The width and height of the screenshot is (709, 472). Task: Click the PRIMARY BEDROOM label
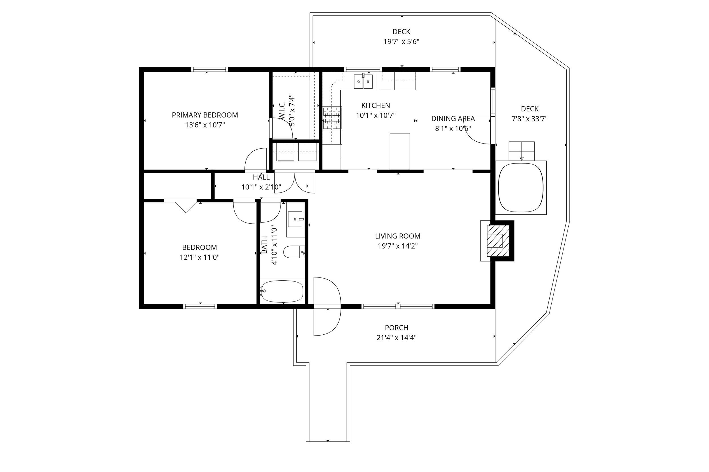[205, 115]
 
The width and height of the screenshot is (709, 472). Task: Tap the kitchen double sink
[363, 82]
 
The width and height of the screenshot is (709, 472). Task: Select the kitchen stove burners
[332, 119]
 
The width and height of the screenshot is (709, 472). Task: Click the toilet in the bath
[294, 252]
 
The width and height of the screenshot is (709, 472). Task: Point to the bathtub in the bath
[282, 291]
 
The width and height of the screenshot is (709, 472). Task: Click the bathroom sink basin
[295, 219]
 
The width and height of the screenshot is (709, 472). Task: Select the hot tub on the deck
[521, 187]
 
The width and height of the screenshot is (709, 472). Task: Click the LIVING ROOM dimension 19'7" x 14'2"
[398, 246]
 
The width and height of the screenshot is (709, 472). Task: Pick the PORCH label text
[396, 328]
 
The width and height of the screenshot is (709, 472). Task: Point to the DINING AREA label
[453, 119]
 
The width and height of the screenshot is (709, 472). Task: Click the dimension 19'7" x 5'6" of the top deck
[401, 42]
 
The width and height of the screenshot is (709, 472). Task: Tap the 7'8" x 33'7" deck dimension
[530, 119]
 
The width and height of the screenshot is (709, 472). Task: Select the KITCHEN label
[375, 105]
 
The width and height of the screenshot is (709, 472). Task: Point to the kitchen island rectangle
[400, 151]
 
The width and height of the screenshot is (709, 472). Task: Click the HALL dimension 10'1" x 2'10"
[261, 187]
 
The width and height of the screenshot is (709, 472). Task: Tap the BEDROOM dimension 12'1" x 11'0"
[200, 257]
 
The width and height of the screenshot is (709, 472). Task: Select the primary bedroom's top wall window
[210, 70]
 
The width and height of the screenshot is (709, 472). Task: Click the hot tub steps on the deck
[522, 151]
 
